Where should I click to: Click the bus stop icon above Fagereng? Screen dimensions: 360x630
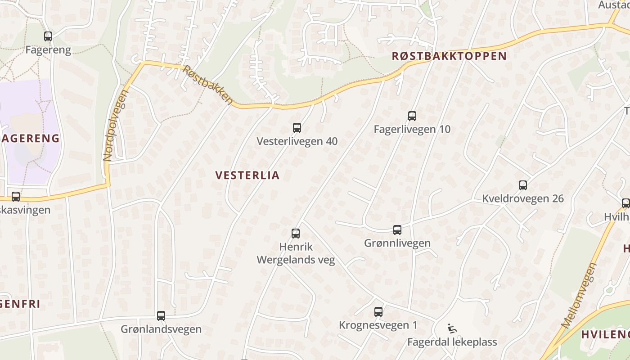[x=48, y=36]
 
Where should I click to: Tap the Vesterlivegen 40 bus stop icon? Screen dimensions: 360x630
[x=297, y=128]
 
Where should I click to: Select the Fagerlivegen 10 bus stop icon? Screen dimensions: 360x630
[x=412, y=116]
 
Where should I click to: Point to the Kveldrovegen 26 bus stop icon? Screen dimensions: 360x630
[x=523, y=185]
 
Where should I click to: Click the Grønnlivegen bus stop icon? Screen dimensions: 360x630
[x=397, y=230]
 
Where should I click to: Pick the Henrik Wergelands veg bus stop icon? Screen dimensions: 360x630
[x=296, y=234]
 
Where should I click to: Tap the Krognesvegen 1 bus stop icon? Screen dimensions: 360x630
[x=378, y=312]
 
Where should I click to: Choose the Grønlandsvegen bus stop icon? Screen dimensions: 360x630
[x=161, y=316]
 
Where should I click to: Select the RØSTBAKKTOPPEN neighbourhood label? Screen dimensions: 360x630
[x=449, y=56]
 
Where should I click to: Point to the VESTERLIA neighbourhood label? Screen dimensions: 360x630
[x=247, y=175]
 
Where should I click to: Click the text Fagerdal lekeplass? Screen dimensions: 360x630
[x=452, y=342]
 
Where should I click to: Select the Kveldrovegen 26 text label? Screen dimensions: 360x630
[x=523, y=198]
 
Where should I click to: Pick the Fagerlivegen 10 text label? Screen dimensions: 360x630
[x=412, y=130]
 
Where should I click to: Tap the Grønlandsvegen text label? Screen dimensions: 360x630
[x=161, y=329]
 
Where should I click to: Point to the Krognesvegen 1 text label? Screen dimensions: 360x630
[x=378, y=325]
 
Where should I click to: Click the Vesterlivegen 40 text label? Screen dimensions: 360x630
[x=297, y=141]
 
